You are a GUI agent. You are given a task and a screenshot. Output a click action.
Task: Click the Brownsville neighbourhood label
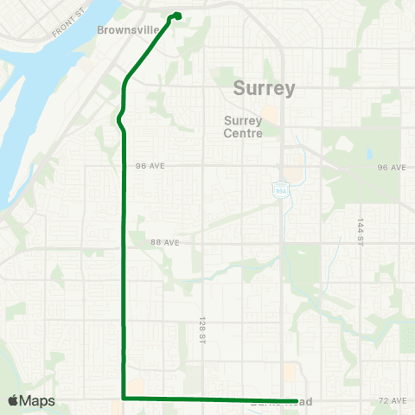128,29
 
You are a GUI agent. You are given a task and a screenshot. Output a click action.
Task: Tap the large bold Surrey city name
265,88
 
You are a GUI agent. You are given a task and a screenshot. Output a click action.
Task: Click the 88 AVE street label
165,243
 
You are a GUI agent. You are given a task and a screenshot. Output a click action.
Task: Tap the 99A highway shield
281,188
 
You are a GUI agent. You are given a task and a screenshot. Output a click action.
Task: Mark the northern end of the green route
177,15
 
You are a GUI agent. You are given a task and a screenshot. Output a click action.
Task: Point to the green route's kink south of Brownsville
120,119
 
